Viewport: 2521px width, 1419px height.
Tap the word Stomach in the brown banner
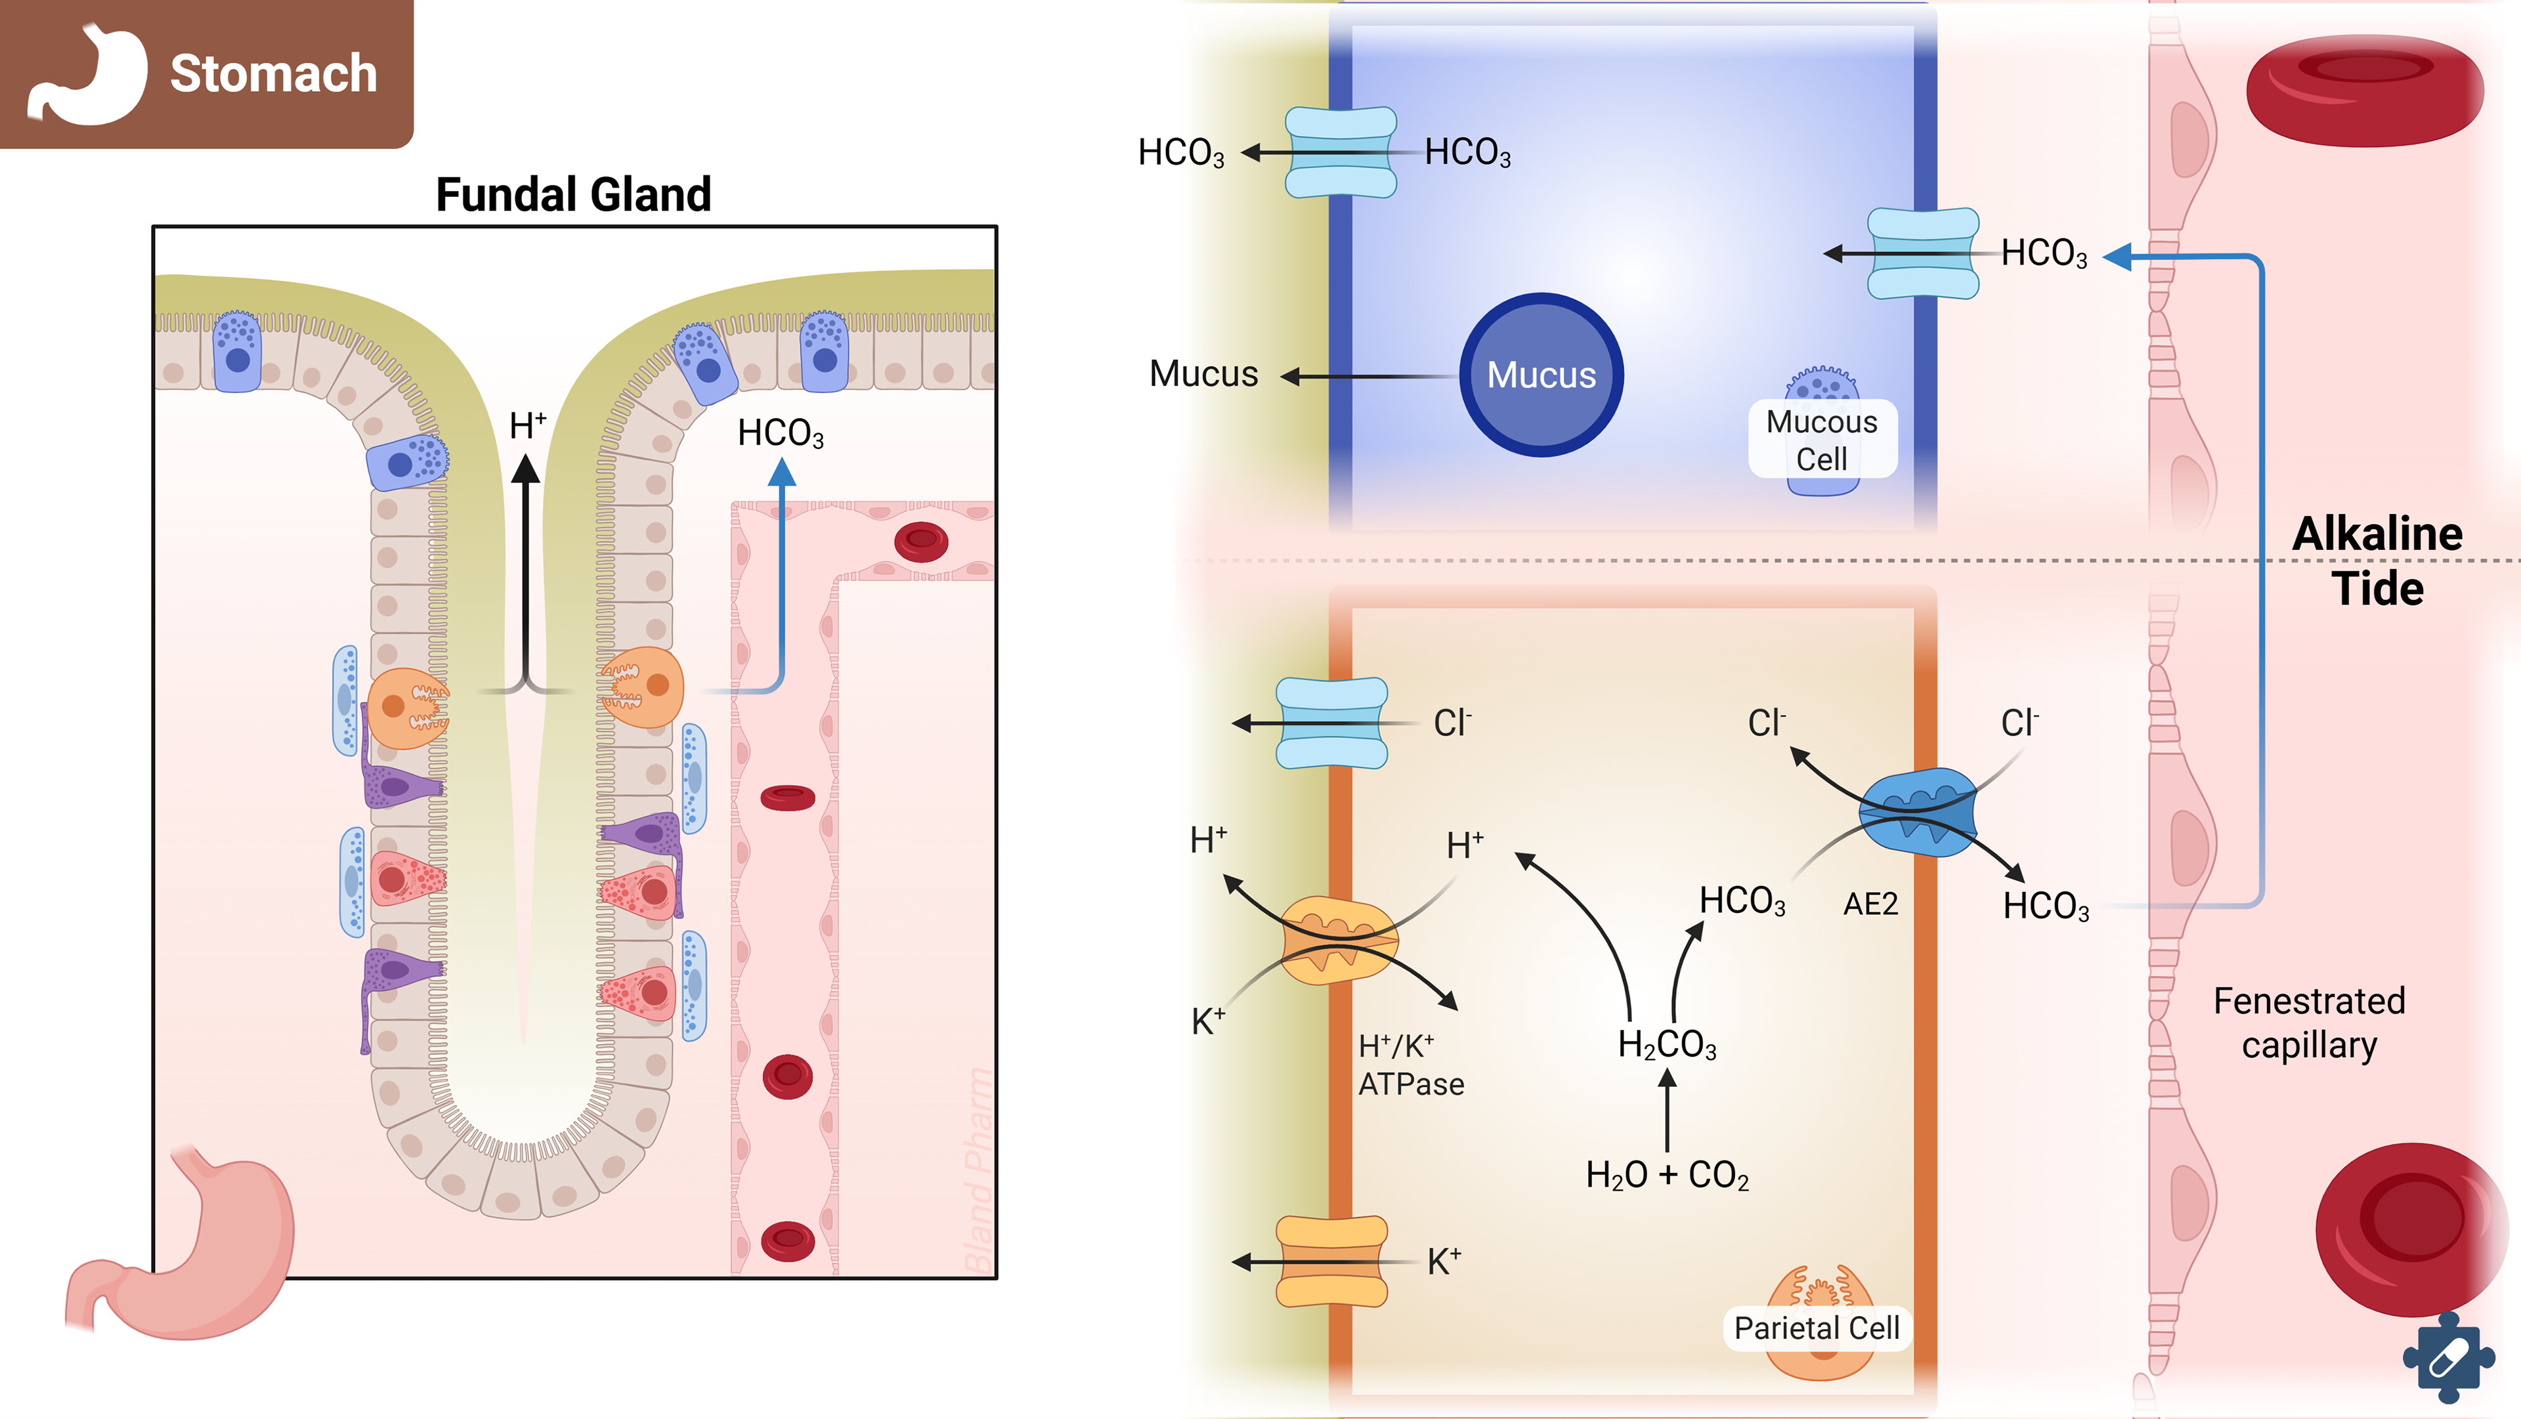[x=273, y=74]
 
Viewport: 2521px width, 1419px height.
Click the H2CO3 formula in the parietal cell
[x=1667, y=1044]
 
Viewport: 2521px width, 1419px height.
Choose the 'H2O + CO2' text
[x=1667, y=1174]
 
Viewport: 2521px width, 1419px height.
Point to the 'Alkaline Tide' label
[x=2377, y=561]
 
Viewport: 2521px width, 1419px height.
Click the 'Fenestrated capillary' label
[x=2309, y=1023]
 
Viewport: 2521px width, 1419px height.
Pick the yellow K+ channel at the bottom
[x=1332, y=1261]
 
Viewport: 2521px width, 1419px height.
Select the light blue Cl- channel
[x=1332, y=723]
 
